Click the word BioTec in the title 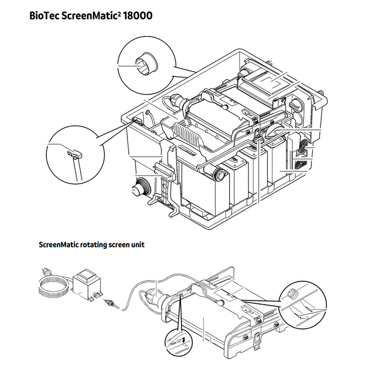point(43,16)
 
